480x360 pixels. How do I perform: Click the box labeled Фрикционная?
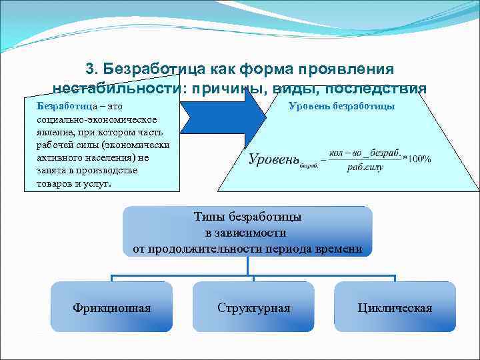coord(111,307)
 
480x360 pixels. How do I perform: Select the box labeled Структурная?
coord(253,307)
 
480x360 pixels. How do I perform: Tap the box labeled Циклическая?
coord(395,307)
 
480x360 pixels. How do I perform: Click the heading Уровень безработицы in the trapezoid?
coord(341,106)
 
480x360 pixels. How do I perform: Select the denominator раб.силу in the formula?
coord(365,167)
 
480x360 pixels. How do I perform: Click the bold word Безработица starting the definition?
coord(65,106)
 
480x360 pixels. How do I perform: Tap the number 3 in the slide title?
coord(90,69)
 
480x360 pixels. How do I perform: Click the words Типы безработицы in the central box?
coord(247,217)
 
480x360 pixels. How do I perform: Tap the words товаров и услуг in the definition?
coord(73,183)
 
